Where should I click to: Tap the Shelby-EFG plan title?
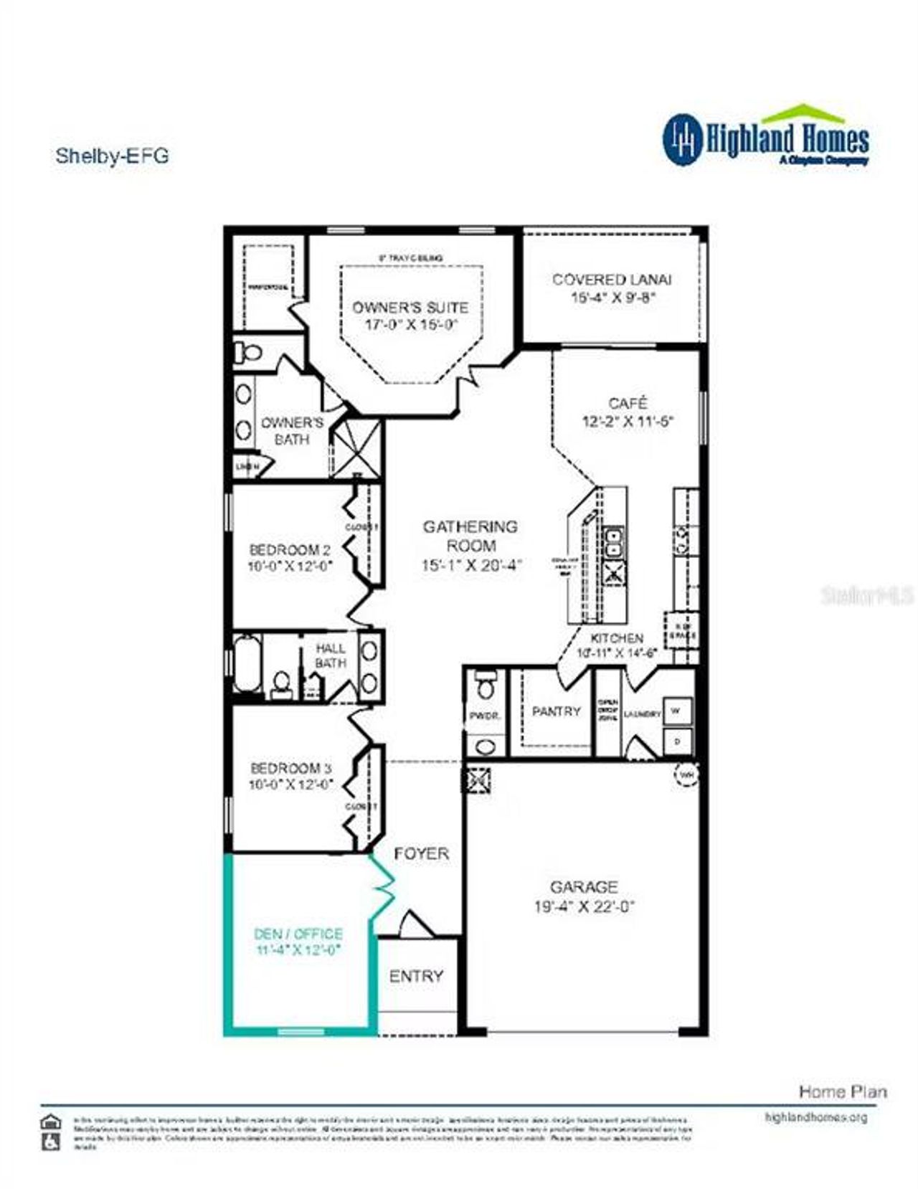112,156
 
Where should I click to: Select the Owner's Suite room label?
410,308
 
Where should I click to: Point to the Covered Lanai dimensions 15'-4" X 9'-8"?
613,298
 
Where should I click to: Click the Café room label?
628,403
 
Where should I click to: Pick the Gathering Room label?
470,536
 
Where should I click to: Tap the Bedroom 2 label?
290,550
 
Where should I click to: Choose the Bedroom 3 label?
290,768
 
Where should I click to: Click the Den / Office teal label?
298,934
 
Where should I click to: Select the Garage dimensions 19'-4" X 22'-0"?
584,906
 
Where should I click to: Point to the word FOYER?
422,853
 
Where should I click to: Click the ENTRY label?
416,976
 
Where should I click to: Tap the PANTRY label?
556,711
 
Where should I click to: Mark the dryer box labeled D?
676,741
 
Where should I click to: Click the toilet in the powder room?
486,686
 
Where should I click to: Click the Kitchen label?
617,638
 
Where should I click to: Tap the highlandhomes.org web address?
815,1117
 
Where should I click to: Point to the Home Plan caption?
843,1092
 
